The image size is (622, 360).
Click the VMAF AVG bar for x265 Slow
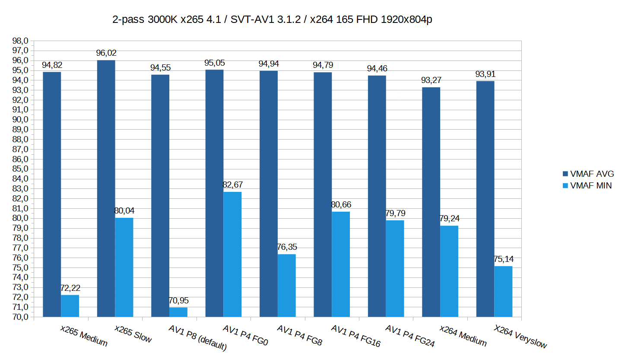[x=106, y=188]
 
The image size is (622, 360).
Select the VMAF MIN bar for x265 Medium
[x=70, y=306]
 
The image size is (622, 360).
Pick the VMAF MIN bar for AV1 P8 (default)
[x=178, y=312]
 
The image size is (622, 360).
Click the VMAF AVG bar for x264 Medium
[x=431, y=202]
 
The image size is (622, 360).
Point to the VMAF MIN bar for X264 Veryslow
[x=503, y=291]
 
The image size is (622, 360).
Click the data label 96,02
[x=106, y=53]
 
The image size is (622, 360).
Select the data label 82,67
[x=232, y=185]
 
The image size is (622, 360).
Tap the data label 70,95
[x=178, y=301]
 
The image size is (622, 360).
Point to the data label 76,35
[x=286, y=247]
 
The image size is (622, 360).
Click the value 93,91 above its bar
[x=485, y=74]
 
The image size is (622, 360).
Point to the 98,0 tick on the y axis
[x=21, y=41]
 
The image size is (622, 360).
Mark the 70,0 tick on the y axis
[x=21, y=317]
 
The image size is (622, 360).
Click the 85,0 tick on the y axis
[x=21, y=169]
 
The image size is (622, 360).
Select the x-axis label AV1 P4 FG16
[x=355, y=336]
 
